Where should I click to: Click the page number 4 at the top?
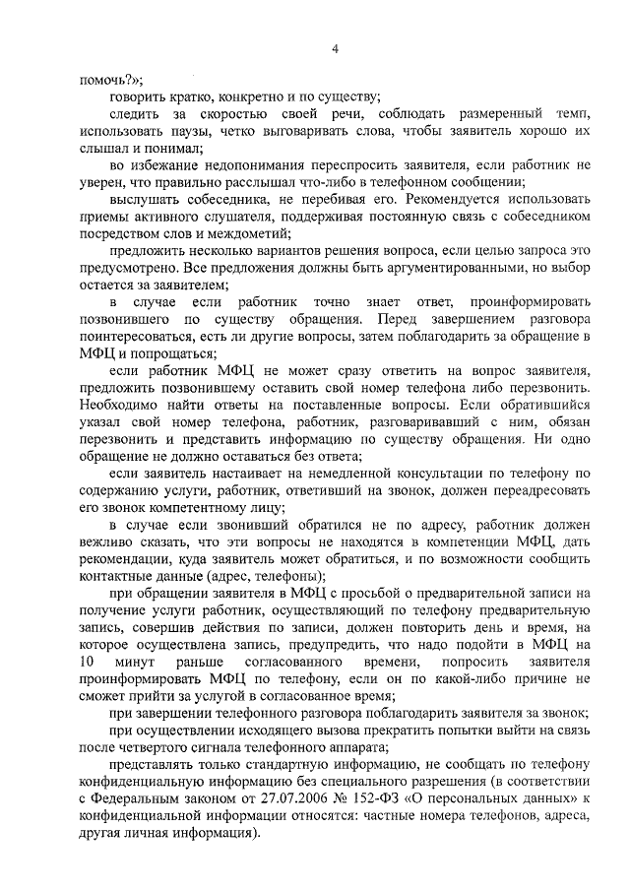coord(334,49)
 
